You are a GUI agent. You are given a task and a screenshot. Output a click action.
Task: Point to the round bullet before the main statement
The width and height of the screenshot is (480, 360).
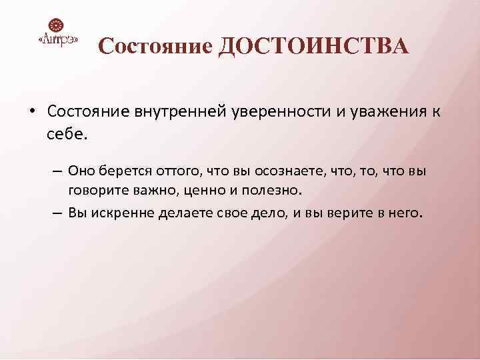coord(31,111)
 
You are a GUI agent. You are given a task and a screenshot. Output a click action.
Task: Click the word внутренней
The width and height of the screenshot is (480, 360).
coord(176,111)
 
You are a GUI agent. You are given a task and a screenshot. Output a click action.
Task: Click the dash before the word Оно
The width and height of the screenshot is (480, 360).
coord(57,171)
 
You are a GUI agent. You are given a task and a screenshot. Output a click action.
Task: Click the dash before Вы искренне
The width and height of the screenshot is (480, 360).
coord(57,213)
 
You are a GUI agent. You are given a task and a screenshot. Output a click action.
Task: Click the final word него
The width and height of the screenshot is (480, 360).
coord(407,213)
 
